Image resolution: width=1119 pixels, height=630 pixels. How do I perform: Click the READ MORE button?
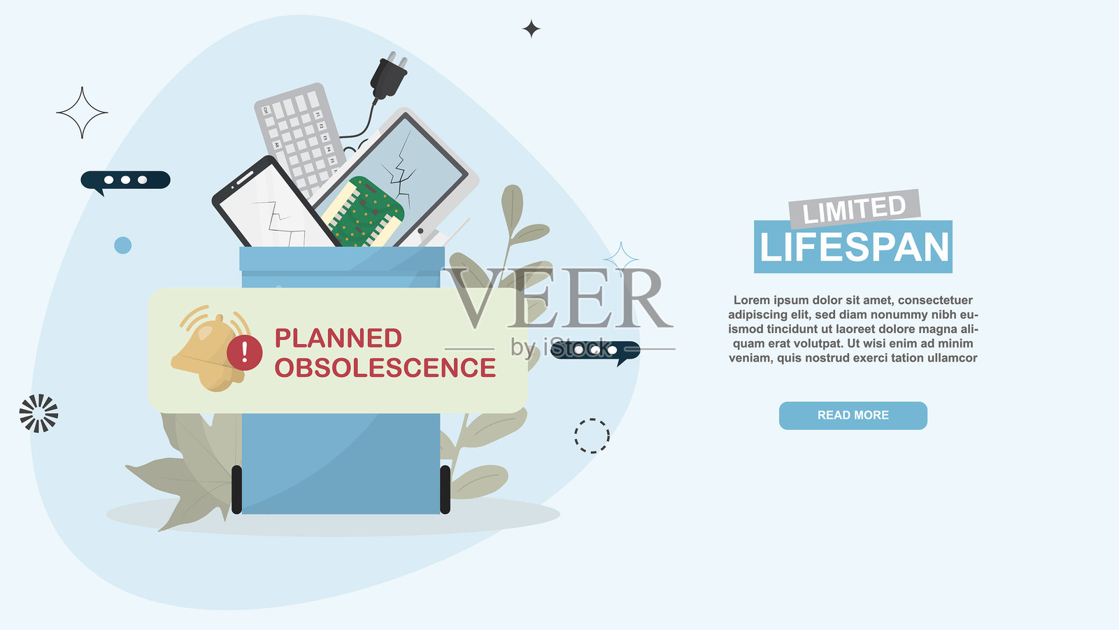853,415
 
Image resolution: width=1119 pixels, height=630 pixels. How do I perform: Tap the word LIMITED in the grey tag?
854,209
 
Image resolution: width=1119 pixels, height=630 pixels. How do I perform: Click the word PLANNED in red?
338,338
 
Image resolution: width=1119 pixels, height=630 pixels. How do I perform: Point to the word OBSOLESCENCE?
385,368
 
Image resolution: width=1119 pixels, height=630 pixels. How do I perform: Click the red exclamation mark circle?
244,352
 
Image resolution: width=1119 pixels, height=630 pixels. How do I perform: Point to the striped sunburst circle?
39,413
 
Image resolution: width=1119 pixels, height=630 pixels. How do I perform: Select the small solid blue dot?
123,245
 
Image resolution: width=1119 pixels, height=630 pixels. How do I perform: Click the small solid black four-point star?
531,29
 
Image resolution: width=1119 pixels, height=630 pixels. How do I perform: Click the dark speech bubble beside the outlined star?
125,180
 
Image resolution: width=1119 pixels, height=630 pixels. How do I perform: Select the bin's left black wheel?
237,489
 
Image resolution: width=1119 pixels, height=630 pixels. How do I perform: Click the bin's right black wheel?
445,489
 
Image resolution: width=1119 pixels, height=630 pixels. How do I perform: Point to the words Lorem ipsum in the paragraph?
765,300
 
